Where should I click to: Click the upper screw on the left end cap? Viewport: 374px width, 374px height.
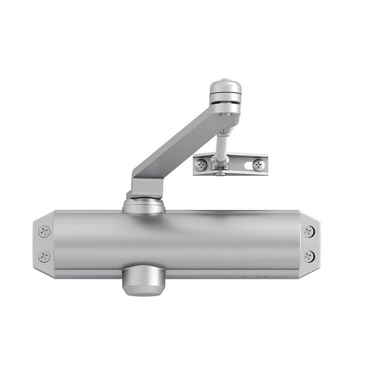point(44,230)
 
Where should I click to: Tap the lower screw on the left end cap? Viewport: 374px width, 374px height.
point(44,255)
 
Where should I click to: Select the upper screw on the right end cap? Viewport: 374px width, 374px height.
point(308,230)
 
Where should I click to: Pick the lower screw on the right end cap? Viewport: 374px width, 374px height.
point(308,255)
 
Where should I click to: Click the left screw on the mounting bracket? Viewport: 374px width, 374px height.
point(201,164)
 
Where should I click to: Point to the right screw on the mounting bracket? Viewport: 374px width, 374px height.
point(258,164)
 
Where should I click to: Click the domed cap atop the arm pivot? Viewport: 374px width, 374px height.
point(224,89)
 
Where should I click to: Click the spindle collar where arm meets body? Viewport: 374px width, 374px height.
point(144,206)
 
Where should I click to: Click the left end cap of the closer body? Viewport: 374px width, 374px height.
point(43,243)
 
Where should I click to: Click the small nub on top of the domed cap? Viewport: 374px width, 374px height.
point(225,80)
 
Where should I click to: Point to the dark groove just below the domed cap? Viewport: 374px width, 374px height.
point(224,99)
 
